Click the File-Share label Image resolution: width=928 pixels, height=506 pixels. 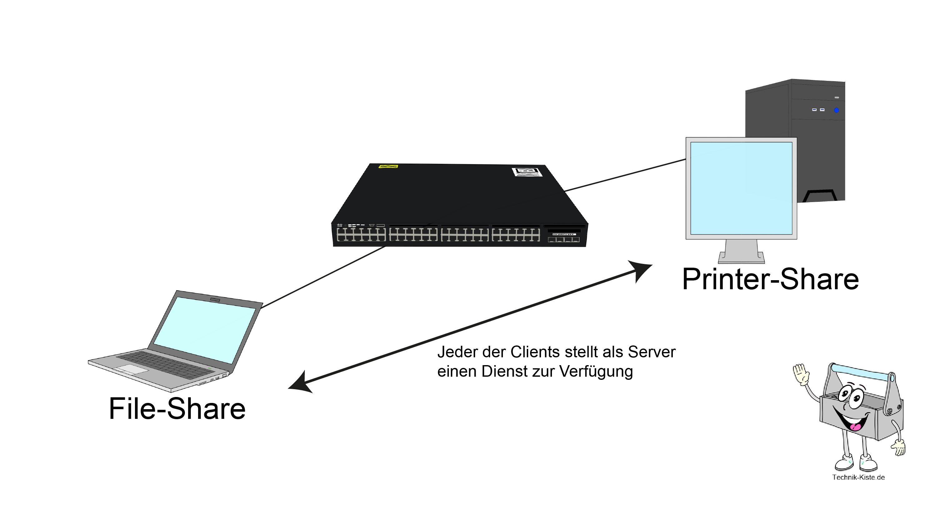177,409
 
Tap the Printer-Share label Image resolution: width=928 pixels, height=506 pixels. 770,279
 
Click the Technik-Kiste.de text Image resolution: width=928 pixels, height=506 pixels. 858,478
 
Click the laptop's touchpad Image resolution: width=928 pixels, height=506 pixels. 132,369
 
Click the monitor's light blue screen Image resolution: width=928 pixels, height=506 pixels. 741,188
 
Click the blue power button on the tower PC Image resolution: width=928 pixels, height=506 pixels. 836,110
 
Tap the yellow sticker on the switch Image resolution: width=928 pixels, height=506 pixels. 388,166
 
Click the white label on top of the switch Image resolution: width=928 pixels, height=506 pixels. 527,172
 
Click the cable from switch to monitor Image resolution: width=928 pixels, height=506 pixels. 625,175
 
